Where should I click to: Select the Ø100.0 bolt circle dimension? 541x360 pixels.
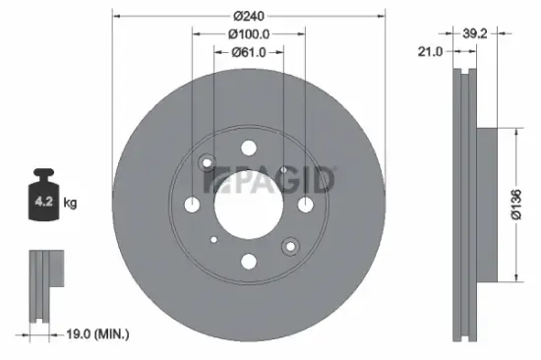[x=248, y=34]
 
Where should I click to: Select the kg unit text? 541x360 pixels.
[x=70, y=204]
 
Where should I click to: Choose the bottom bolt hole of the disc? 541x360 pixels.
[x=248, y=261]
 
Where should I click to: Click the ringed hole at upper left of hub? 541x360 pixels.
[x=207, y=163]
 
